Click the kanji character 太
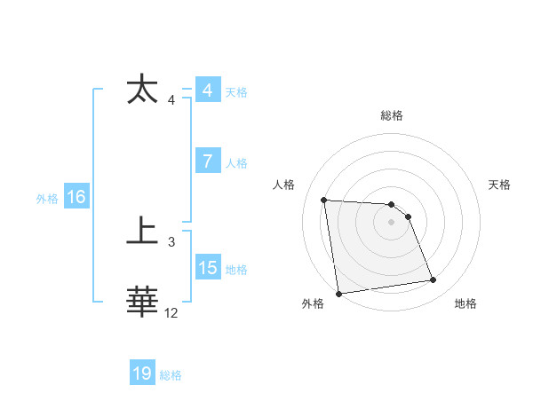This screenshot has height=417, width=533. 143,90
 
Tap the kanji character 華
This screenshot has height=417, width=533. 143,302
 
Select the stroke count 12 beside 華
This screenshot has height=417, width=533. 171,312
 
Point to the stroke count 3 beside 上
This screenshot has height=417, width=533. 171,241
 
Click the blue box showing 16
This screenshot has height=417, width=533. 76,197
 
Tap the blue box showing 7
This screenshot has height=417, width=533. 208,161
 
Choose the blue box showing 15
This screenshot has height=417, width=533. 208,268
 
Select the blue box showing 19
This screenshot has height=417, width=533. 142,374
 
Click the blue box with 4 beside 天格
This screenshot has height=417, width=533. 208,90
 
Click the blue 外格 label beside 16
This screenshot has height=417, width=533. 47,199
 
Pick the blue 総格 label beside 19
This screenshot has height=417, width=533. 171,375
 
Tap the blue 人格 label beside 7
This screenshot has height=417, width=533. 236,163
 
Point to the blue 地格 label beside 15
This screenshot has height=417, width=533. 236,270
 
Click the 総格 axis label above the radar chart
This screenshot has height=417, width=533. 392,115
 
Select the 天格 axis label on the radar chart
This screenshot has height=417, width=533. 500,185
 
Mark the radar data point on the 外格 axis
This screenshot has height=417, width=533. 338,294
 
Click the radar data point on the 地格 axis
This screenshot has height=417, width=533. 434,280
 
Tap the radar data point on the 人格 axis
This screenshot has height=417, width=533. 324,200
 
